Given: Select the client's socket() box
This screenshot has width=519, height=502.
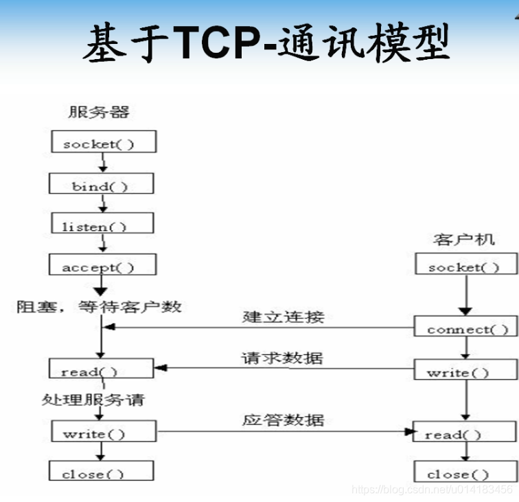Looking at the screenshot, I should (x=464, y=266).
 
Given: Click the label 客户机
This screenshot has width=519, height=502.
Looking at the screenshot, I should (x=464, y=240).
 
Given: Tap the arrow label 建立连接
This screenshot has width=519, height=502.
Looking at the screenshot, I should (x=283, y=317).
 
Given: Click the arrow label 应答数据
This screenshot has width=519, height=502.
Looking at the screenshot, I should (x=282, y=420).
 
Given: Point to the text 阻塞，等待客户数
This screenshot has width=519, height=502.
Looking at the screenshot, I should (x=100, y=306).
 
